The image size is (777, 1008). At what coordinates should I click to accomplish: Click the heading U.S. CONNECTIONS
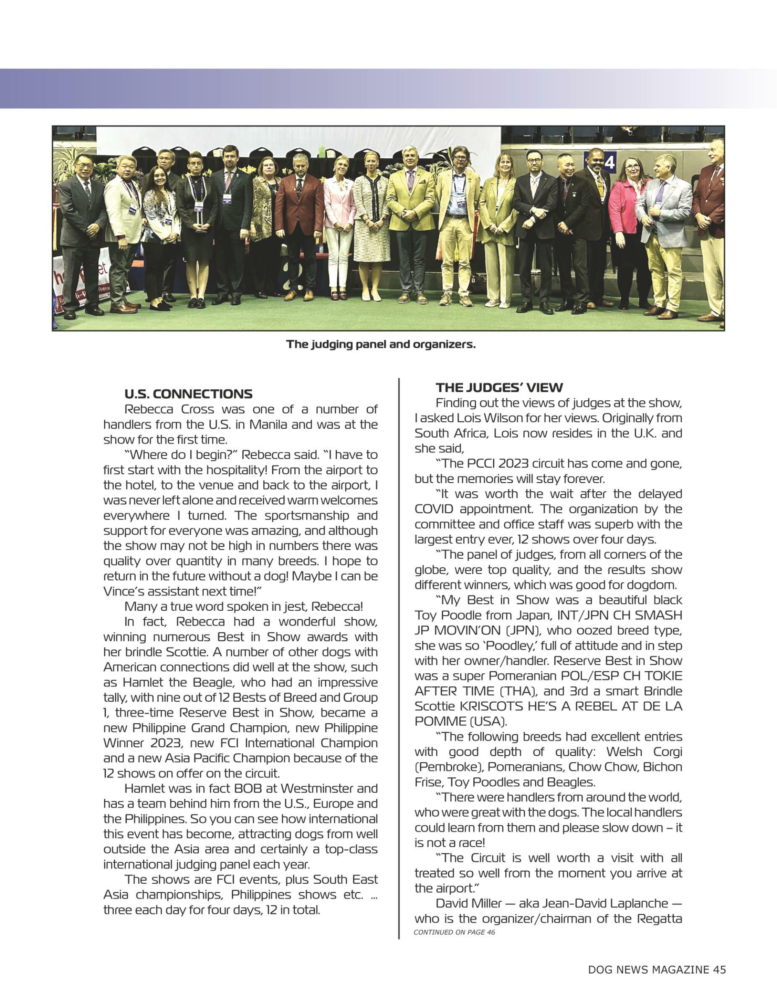[x=188, y=394]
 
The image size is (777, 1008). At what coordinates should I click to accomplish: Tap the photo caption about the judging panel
[x=381, y=344]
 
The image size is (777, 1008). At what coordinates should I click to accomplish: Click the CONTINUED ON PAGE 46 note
[x=454, y=932]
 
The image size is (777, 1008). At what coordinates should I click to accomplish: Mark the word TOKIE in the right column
[x=660, y=676]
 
